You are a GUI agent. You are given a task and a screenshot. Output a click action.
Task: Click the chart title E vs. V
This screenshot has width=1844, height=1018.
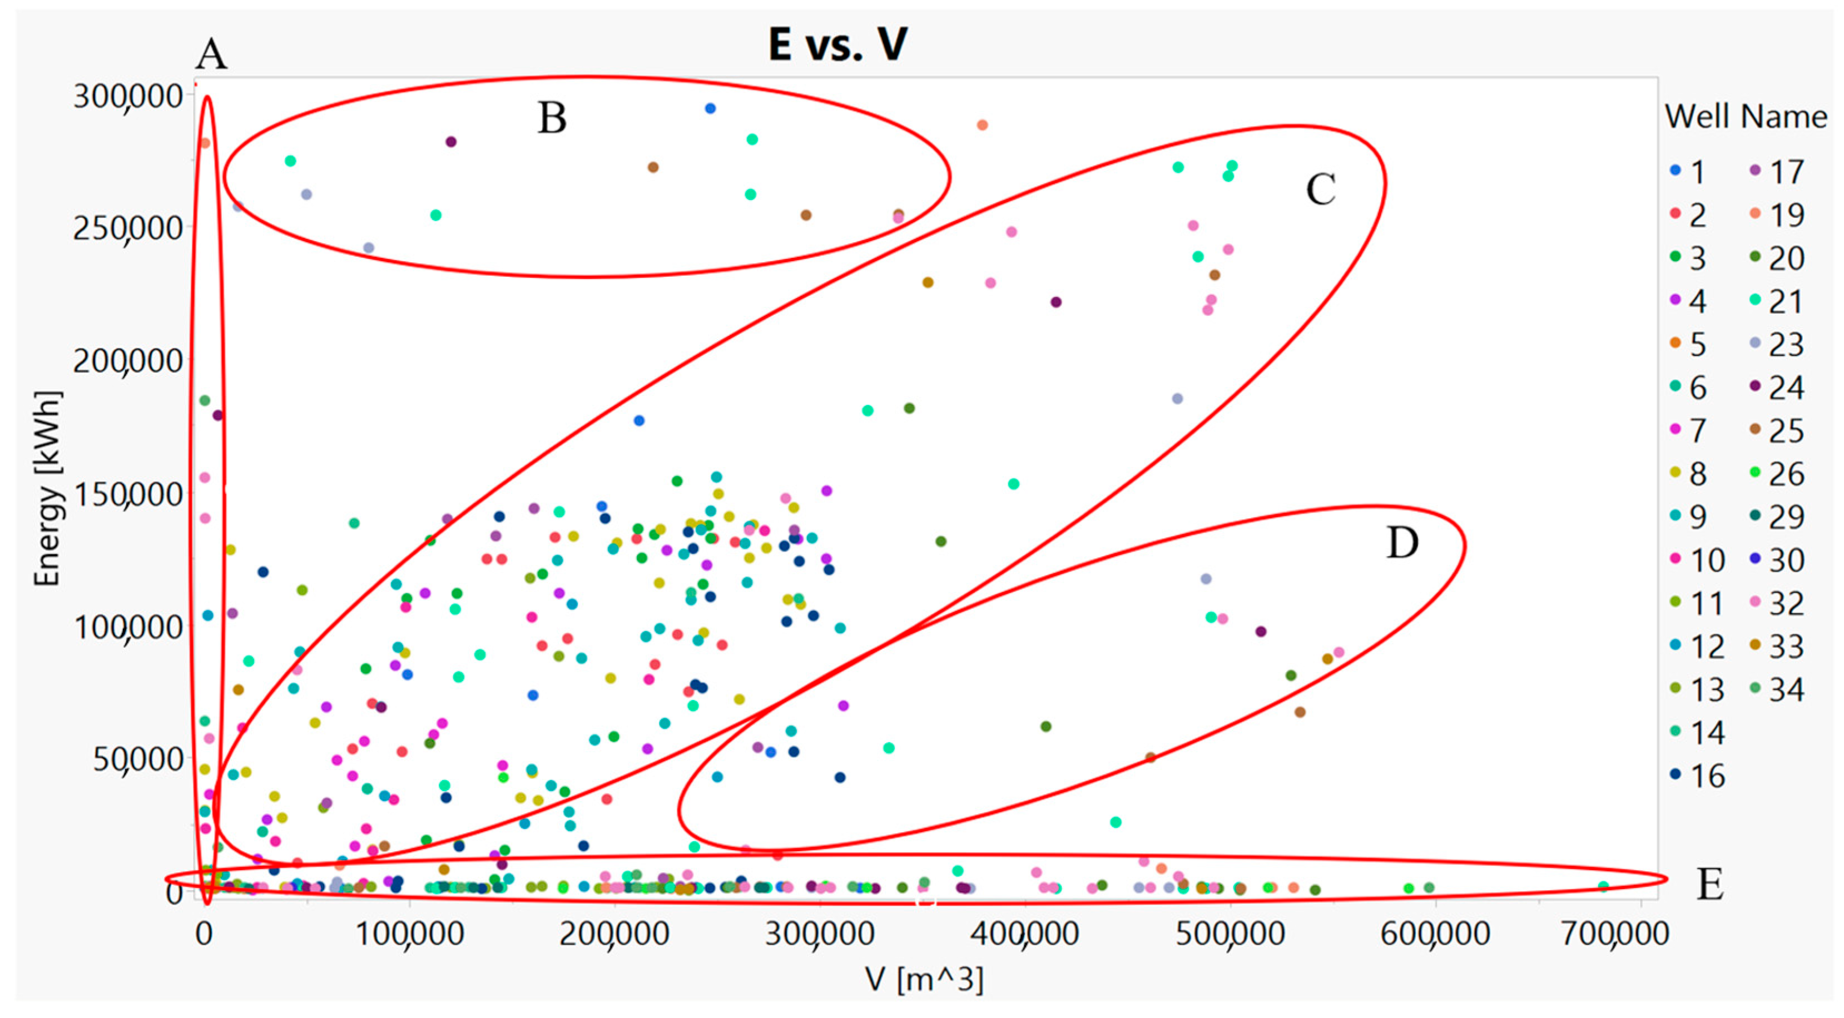tap(837, 44)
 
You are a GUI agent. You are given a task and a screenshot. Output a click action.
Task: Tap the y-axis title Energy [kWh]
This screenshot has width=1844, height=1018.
tap(48, 488)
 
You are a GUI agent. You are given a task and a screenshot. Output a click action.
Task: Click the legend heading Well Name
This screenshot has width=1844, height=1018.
tap(1745, 117)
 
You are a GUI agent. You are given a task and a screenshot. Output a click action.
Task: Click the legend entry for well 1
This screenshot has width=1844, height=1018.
tap(1689, 172)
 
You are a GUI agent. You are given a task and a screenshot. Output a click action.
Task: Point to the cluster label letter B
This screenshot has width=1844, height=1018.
tap(552, 119)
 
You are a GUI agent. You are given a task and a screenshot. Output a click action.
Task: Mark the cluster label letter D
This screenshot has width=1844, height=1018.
tap(1401, 543)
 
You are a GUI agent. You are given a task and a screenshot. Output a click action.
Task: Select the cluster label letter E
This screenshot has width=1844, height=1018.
tap(1709, 885)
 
